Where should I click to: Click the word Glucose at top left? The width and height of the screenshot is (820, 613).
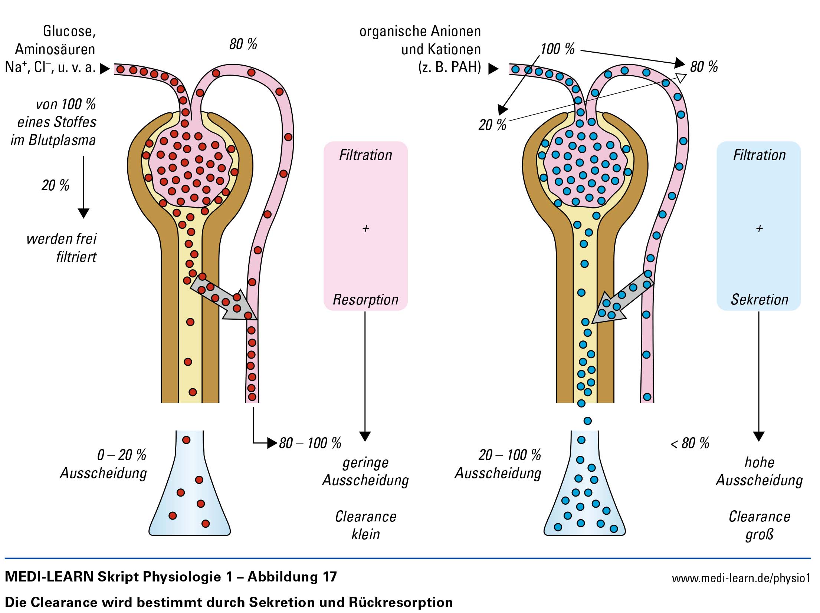coord(69,32)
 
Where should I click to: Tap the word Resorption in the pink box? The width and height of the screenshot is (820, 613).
coord(365,300)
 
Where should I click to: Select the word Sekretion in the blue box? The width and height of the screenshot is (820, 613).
coord(760,300)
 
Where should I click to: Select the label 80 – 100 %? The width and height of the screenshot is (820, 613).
coord(310,443)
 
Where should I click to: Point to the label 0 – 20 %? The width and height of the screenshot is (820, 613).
coord(122,455)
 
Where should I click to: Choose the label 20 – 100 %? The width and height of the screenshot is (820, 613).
coord(510,455)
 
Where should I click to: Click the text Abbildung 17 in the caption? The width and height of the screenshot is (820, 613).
coord(292,577)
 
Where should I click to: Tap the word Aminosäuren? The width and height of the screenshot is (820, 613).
coord(55,49)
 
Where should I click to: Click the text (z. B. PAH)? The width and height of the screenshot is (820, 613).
coord(450,67)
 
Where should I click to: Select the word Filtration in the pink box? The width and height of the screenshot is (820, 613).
coord(365,155)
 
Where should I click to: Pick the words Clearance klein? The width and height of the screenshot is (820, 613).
coord(365,525)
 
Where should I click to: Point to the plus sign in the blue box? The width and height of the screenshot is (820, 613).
coord(759,228)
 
